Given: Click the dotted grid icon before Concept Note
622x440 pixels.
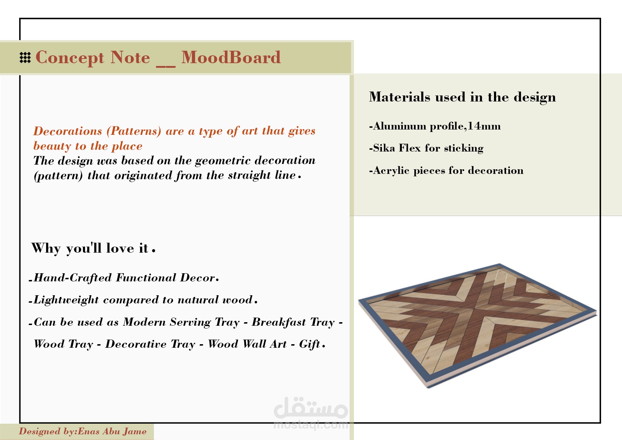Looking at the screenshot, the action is [x=25, y=57].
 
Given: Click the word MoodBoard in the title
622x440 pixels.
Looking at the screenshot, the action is [x=231, y=57].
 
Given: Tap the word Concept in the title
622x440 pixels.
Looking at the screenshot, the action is [x=70, y=58].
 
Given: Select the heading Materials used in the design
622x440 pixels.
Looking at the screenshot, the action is [x=462, y=97].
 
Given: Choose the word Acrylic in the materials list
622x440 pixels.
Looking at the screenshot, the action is [x=391, y=171].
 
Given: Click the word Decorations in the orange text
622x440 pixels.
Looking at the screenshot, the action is [x=68, y=131].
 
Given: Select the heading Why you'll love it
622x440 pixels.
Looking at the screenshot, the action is [x=93, y=248].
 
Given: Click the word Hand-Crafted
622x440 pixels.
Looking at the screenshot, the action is [x=73, y=278].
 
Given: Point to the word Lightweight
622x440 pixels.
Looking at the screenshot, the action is [x=66, y=300].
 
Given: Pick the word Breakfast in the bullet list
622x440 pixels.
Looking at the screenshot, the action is [x=279, y=322].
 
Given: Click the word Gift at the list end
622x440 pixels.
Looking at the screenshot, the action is [x=310, y=344].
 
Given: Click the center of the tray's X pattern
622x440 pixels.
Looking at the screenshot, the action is [x=474, y=309].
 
